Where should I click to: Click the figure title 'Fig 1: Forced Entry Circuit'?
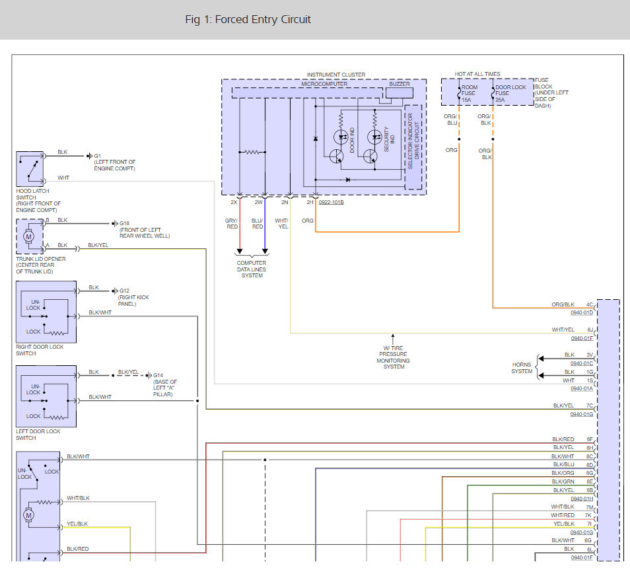click(x=248, y=19)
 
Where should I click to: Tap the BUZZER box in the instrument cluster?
click(x=400, y=92)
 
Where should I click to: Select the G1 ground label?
click(x=98, y=156)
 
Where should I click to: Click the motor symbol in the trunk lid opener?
click(x=28, y=236)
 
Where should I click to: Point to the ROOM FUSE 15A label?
click(x=470, y=93)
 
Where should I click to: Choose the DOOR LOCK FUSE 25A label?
click(x=510, y=93)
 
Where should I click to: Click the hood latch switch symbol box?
click(x=30, y=168)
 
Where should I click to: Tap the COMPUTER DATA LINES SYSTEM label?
click(x=252, y=269)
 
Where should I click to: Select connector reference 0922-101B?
click(x=331, y=202)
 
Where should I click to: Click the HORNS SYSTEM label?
click(x=522, y=368)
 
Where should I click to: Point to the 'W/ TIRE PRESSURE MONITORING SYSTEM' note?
click(x=394, y=357)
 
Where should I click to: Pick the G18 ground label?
click(x=124, y=223)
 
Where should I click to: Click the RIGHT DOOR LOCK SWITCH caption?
click(x=40, y=350)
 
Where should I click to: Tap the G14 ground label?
click(x=158, y=375)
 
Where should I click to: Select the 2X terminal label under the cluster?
click(x=234, y=202)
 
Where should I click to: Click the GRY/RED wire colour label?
click(x=232, y=224)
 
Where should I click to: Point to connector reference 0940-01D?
click(x=581, y=312)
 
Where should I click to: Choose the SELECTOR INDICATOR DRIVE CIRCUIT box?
click(x=413, y=147)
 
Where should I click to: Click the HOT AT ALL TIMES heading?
click(x=477, y=74)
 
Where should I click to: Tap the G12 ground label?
click(x=124, y=291)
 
